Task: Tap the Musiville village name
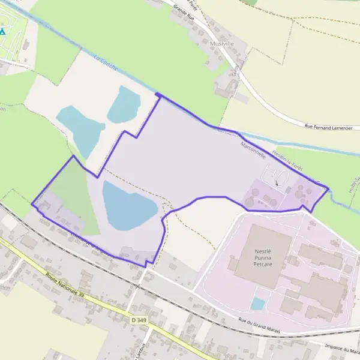pos(222,44)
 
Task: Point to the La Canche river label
pos(104,60)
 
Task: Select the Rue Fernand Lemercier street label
pos(328,127)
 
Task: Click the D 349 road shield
pos(139,321)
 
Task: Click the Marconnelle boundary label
pos(252,146)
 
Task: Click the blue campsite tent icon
pos(2,31)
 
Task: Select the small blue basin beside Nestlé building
pos(257,304)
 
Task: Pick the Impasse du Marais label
pos(340,347)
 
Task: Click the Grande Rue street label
pos(185,11)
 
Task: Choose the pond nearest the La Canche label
pos(124,104)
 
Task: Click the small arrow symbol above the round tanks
pos(277,183)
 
